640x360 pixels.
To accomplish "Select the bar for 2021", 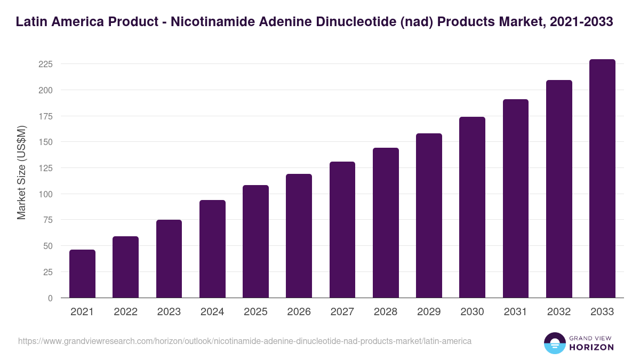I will click(x=82, y=274).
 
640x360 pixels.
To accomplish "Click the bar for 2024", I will click(x=212, y=249).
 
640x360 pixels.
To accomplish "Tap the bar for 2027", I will click(x=342, y=230).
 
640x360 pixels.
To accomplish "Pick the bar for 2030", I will click(x=472, y=207).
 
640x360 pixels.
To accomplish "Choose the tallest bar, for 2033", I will click(x=602, y=179).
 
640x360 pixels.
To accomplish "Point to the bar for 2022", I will click(x=125, y=267).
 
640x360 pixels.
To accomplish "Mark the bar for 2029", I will click(x=429, y=215).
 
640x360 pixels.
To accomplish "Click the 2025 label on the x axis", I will click(x=255, y=312).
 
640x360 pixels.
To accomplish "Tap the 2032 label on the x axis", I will click(x=559, y=312).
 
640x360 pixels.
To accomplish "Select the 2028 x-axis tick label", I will click(x=386, y=312).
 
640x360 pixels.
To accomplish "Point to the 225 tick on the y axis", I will click(x=45, y=64).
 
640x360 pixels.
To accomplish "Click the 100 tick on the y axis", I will click(x=45, y=194).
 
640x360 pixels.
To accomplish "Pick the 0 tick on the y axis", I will click(x=50, y=298).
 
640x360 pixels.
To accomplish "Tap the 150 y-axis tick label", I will click(x=45, y=142).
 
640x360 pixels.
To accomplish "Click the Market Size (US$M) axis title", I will click(x=21, y=172).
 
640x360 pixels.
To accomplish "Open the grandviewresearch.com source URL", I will click(x=245, y=341).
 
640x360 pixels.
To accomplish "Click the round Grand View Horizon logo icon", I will click(x=555, y=343).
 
